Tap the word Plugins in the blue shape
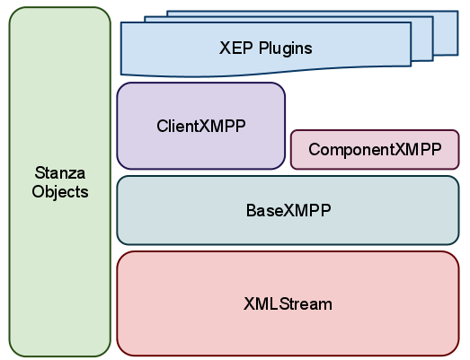coord(286,48)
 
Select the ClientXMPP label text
coord(201,126)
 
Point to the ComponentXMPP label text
coord(375,149)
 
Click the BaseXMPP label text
coord(288,210)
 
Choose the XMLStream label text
coord(288,304)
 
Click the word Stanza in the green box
coord(60,172)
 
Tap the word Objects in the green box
coord(60,192)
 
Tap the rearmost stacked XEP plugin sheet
coord(446,33)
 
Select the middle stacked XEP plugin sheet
coord(422,39)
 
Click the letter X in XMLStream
coord(249,304)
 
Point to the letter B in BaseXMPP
coord(251,210)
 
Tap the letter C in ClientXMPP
coord(163,126)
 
